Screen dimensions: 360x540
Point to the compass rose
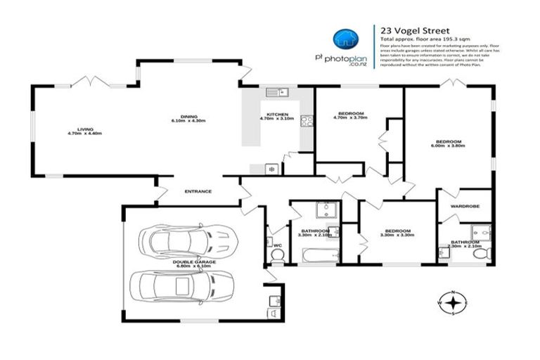click(455, 302)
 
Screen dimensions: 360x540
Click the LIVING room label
click(86, 129)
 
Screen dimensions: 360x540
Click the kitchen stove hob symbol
click(307, 121)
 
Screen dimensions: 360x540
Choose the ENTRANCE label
click(198, 191)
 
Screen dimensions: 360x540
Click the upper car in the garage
click(186, 240)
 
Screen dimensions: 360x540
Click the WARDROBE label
click(464, 207)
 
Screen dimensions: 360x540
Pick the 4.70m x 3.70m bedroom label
click(350, 116)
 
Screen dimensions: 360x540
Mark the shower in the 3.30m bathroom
click(326, 210)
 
